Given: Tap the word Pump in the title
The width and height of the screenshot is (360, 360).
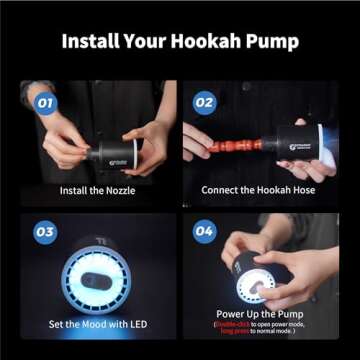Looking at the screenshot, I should click(x=275, y=43).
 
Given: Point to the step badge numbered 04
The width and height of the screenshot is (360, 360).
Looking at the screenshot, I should click(x=204, y=232).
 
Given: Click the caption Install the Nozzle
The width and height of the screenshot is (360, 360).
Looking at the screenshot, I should click(x=98, y=190).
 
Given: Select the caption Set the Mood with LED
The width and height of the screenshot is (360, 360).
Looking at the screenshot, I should click(x=98, y=323).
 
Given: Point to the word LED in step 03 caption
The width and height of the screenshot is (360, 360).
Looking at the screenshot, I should click(x=138, y=323).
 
